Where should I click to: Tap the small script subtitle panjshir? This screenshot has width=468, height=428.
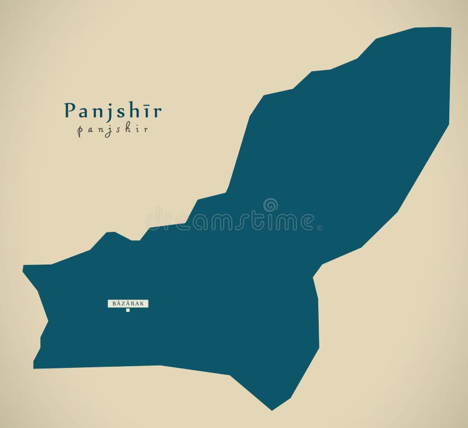click(112, 130)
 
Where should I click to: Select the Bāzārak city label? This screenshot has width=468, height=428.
click(128, 303)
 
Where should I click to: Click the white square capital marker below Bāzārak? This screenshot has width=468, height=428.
click(128, 311)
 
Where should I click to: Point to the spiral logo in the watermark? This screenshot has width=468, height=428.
click(270, 205)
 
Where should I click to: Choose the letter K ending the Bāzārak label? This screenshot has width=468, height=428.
click(144, 303)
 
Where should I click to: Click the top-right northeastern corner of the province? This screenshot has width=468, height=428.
click(450, 28)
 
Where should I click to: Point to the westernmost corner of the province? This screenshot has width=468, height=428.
click(23, 267)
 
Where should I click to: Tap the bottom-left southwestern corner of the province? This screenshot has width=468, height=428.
click(33, 368)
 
